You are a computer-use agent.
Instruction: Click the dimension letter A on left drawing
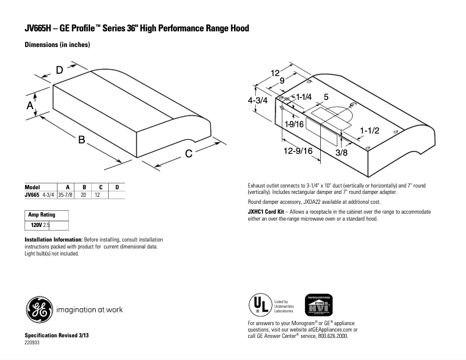[30, 105]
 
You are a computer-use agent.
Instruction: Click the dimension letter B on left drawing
[82, 140]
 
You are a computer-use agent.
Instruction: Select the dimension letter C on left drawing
[189, 153]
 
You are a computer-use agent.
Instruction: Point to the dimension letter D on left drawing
[59, 70]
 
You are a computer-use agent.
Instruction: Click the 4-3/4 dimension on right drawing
[257, 100]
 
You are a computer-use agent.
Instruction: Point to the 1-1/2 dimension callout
[370, 131]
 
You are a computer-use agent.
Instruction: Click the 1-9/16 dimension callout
[295, 124]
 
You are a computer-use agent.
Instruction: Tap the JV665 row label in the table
[32, 195]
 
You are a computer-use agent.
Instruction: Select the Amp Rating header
[41, 215]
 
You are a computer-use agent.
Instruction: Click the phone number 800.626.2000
[332, 336]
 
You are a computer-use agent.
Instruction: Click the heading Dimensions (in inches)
[57, 45]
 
